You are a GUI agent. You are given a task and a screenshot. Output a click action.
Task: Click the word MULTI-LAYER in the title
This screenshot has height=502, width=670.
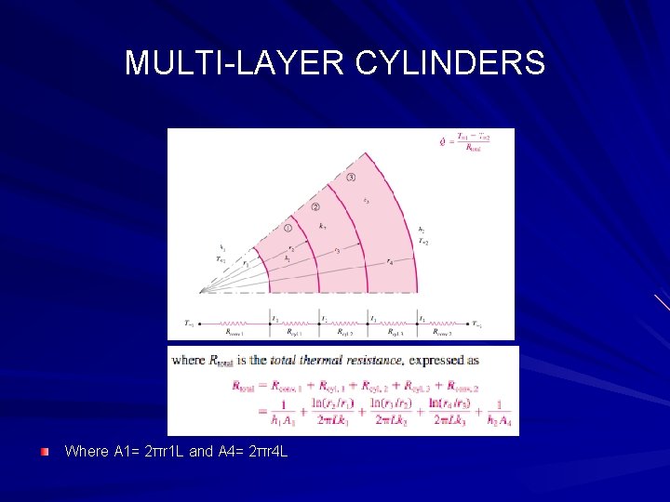pyautogui.click(x=234, y=63)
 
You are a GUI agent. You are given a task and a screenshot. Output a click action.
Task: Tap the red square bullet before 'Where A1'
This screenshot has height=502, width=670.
pyautogui.click(x=45, y=451)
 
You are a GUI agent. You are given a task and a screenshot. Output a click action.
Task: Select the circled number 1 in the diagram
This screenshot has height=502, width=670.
pyautogui.click(x=288, y=228)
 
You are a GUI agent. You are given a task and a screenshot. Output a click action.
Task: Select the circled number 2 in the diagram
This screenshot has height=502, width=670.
pyautogui.click(x=315, y=207)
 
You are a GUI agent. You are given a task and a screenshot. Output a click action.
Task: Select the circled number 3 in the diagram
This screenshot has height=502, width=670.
pyautogui.click(x=350, y=178)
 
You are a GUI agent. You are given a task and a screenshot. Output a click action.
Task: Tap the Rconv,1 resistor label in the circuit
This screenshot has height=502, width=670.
pyautogui.click(x=236, y=332)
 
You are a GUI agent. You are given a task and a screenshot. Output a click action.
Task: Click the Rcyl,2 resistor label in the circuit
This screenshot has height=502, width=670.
pyautogui.click(x=346, y=332)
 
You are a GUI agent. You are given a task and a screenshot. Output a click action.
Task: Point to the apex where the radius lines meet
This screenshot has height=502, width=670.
pyautogui.click(x=201, y=293)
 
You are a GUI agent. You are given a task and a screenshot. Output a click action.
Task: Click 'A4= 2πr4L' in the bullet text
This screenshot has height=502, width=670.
pyautogui.click(x=252, y=452)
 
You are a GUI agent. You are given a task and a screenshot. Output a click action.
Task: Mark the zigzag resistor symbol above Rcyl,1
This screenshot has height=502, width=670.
pyautogui.click(x=296, y=324)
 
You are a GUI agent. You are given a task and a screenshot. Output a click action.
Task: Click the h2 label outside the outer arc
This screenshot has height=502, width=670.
pyautogui.click(x=422, y=230)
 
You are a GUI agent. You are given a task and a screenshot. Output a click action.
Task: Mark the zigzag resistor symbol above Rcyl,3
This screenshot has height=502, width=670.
pyautogui.click(x=395, y=324)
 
